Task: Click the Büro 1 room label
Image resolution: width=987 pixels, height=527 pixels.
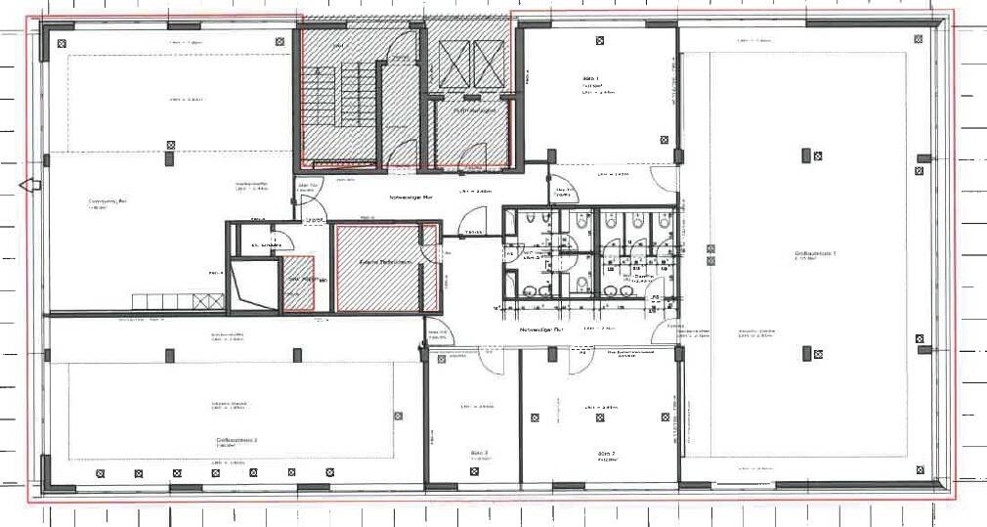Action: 591,78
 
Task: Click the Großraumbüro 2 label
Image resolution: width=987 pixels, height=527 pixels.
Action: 236,441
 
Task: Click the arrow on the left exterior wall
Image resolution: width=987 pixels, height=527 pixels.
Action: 29,184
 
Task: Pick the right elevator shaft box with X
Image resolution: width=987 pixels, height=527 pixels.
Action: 488,65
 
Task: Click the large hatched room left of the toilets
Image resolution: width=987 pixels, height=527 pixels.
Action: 377,268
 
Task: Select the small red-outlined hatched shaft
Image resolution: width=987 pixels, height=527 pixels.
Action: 298,284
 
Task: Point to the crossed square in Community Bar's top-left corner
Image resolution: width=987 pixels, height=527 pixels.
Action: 62,41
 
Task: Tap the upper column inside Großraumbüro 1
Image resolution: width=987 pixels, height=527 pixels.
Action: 807,154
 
